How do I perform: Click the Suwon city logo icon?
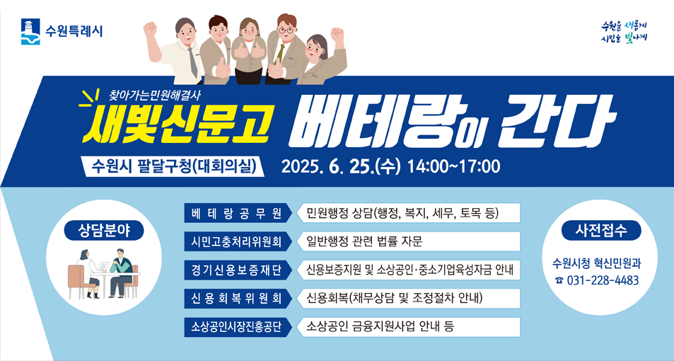tap(29, 30)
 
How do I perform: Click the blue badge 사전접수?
tap(598, 230)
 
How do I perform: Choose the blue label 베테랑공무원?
tap(236, 213)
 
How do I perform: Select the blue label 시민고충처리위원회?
tap(236, 241)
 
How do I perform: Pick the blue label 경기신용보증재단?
tap(236, 270)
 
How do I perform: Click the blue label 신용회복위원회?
tap(236, 298)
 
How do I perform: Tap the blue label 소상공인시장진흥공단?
tap(236, 326)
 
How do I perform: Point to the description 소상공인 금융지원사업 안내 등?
tap(380, 326)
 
